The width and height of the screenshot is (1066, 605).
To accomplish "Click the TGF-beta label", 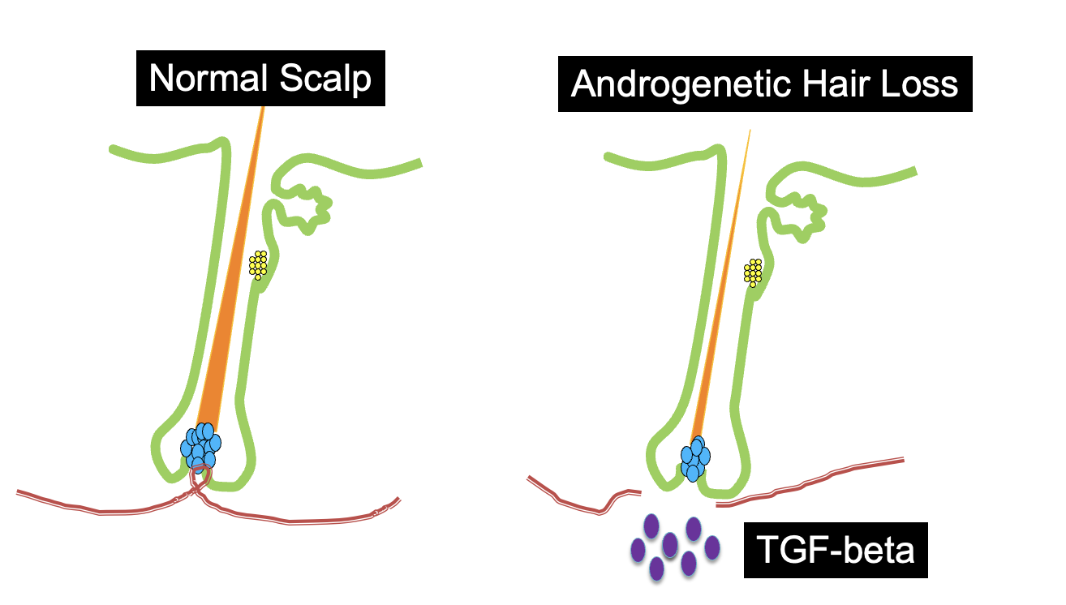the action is [x=836, y=551].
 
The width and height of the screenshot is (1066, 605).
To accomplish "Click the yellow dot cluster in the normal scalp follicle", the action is [x=258, y=264].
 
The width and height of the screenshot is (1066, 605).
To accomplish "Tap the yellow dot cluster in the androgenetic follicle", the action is [x=753, y=272].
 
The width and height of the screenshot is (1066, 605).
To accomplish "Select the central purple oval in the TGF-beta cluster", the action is [x=670, y=544].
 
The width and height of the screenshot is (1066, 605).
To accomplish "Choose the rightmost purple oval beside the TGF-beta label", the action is [x=712, y=549].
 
